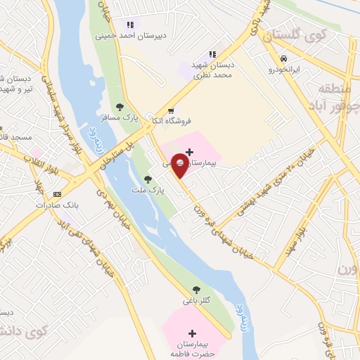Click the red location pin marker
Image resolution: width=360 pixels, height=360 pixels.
(x=179, y=167)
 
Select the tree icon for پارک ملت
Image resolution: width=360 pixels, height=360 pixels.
(x=148, y=179)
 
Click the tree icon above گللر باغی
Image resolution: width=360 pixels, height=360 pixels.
(x=196, y=289)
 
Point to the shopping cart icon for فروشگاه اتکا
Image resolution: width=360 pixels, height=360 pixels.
(x=172, y=110)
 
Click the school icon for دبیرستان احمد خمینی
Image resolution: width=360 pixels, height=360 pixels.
(x=129, y=25)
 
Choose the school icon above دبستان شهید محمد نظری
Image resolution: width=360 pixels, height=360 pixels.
(x=212, y=55)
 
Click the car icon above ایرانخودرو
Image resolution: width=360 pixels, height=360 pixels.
(x=283, y=59)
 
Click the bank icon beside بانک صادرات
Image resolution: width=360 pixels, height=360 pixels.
(x=57, y=194)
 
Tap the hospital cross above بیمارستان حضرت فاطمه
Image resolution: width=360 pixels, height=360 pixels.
(x=193, y=333)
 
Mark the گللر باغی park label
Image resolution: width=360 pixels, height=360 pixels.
(x=197, y=301)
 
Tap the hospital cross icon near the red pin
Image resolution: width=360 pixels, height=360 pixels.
(x=190, y=151)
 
